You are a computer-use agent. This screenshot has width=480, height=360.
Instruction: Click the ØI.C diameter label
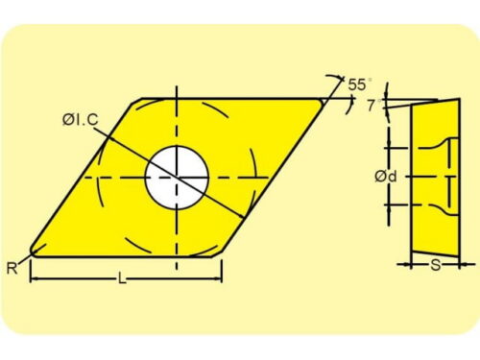(81, 120)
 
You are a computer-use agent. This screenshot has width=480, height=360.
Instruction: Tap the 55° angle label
(359, 84)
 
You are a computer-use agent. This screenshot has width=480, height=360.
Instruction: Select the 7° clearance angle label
(373, 106)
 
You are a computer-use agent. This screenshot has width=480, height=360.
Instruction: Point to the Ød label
(386, 177)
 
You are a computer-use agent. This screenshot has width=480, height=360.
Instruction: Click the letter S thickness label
(435, 265)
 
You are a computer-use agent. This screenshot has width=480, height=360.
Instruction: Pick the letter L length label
(122, 278)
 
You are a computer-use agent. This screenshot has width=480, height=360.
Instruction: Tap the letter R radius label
(12, 268)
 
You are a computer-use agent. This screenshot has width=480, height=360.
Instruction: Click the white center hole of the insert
(177, 177)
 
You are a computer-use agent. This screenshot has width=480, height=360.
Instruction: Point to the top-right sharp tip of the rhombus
(322, 101)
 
